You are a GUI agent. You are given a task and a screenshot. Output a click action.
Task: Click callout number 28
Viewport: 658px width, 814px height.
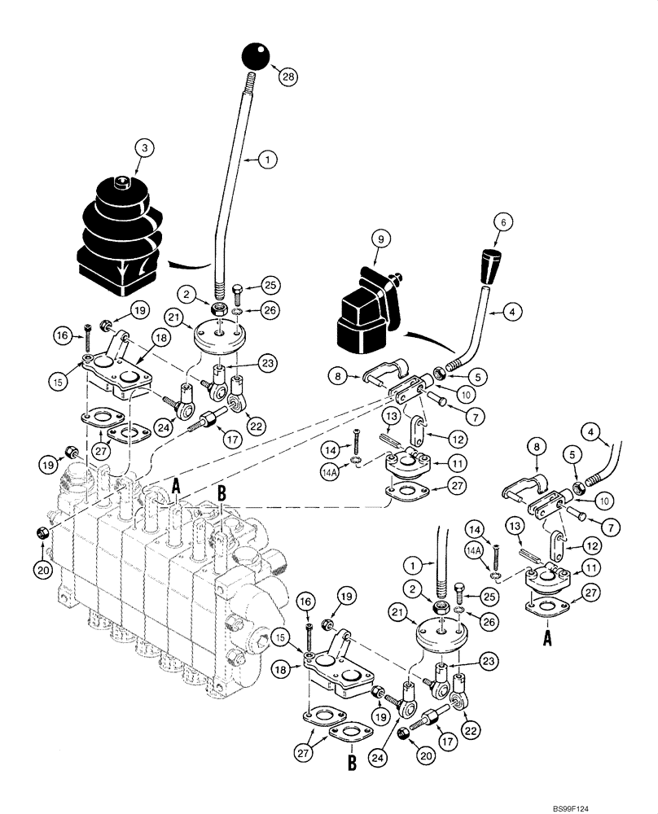[x=287, y=78]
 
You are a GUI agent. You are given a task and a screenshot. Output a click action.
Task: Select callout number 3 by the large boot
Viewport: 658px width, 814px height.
[x=143, y=148]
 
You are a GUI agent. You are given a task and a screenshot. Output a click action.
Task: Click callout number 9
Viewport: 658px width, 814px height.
[x=379, y=239]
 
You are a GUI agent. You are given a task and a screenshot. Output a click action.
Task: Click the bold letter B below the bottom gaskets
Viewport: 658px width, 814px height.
[x=352, y=763]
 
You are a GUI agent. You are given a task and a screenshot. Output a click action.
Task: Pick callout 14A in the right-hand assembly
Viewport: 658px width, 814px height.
[x=472, y=550]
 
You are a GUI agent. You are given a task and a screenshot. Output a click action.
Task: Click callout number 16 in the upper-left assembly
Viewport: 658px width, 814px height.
[x=62, y=333]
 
